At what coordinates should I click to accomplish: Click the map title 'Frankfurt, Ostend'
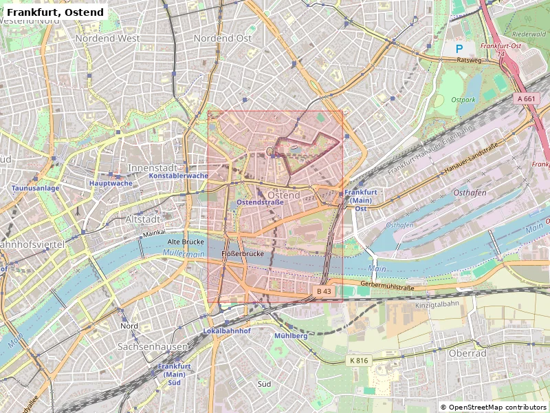(x=55, y=12)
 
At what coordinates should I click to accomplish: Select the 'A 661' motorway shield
(x=526, y=99)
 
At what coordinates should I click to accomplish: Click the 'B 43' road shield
(x=324, y=292)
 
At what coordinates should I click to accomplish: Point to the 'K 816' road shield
(x=359, y=361)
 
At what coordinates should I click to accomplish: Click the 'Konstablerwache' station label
(x=178, y=176)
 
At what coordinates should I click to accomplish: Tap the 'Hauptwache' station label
(x=110, y=183)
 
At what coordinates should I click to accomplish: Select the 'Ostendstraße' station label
(x=260, y=202)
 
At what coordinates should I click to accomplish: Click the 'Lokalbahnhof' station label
(x=227, y=331)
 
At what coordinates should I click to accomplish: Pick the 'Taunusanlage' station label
(x=35, y=188)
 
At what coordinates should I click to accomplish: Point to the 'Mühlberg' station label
(x=291, y=336)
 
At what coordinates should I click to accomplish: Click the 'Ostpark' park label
(x=463, y=100)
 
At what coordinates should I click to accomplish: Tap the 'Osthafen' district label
(x=469, y=193)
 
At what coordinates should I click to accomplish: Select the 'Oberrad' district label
(x=467, y=354)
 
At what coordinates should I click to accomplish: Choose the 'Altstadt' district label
(x=143, y=219)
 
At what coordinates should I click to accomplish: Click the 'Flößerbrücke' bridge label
(x=243, y=254)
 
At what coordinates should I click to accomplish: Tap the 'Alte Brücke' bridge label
(x=185, y=243)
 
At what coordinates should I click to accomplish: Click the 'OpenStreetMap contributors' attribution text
(x=493, y=407)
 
